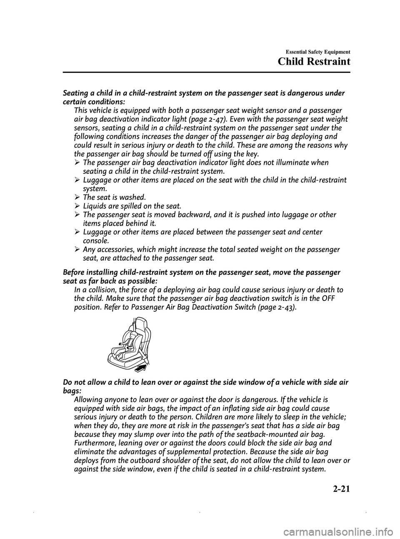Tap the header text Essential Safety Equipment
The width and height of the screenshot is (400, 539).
(317, 52)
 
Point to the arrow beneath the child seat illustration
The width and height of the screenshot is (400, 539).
(142, 367)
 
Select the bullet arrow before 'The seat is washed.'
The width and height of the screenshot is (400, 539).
(77, 197)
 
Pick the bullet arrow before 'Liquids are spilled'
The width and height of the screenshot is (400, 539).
(77, 206)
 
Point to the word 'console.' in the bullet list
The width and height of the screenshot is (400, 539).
(97, 241)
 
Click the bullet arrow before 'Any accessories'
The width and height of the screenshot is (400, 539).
(77, 249)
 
